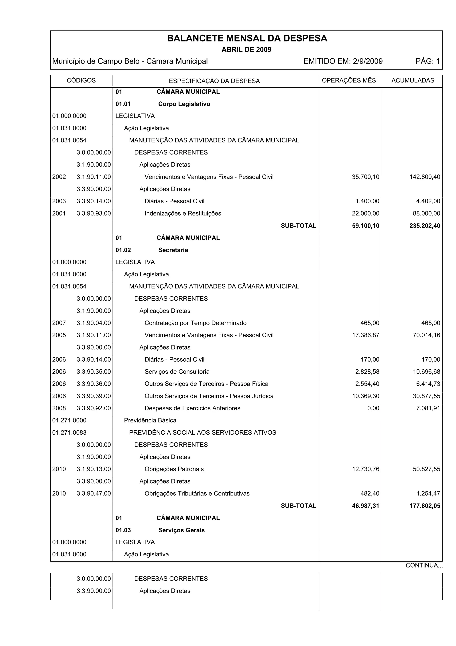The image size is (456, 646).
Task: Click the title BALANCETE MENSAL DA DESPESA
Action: tap(247, 38)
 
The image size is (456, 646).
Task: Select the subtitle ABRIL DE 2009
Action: tap(246, 50)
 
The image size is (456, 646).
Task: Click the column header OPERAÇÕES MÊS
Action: tap(349, 80)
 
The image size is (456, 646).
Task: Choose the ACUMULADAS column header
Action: tap(412, 80)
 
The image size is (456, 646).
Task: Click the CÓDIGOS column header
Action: tap(81, 80)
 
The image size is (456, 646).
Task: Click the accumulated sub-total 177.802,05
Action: tap(425, 506)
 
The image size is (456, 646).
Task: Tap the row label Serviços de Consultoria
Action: tap(177, 372)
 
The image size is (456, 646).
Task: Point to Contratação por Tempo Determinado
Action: tap(195, 323)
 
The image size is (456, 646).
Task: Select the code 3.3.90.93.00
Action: tap(94, 214)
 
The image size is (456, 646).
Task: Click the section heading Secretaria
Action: tap(173, 250)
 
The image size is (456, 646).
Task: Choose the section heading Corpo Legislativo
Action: tap(184, 104)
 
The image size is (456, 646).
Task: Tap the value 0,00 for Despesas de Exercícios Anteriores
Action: tap(373, 408)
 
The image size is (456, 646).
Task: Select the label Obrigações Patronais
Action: tap(174, 469)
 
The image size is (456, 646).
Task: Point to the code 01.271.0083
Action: tap(69, 433)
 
